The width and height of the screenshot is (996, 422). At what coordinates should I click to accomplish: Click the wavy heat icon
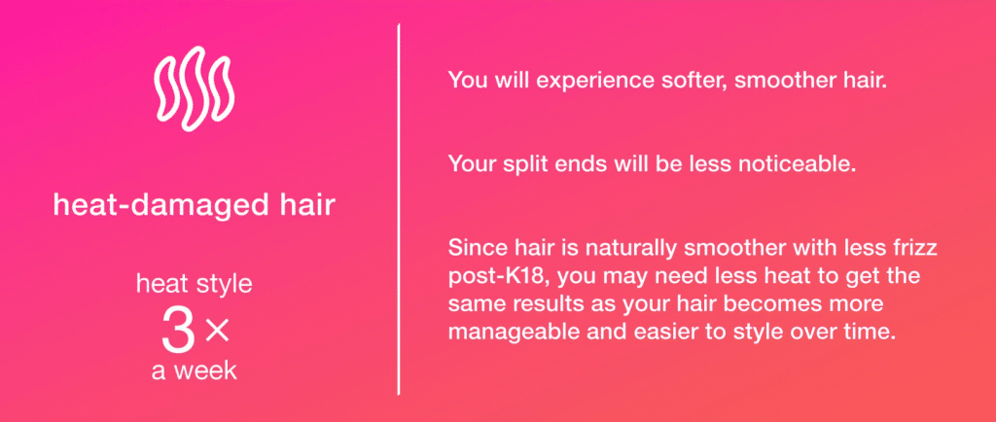(195, 88)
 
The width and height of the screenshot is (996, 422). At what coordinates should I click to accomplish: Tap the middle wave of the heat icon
(194, 88)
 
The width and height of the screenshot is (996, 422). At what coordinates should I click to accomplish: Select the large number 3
(179, 332)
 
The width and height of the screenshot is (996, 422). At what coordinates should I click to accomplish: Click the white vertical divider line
(398, 209)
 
